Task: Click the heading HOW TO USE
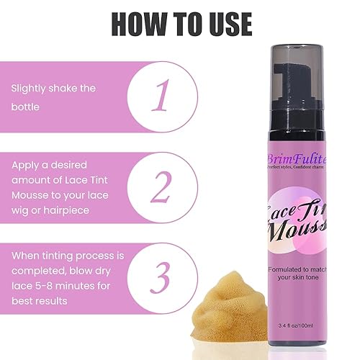(179, 23)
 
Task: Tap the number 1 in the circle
(163, 98)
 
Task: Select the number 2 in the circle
(163, 189)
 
